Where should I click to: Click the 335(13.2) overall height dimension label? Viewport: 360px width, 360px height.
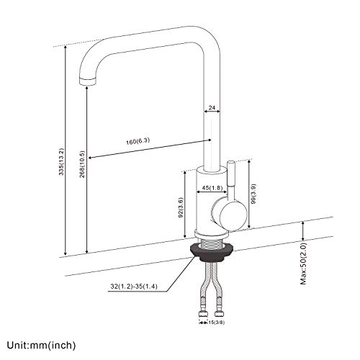click(x=62, y=162)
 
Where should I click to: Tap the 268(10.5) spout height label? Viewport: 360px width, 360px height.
click(x=82, y=164)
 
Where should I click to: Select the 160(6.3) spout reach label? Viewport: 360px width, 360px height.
click(x=138, y=141)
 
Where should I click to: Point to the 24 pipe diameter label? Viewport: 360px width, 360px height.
click(x=212, y=108)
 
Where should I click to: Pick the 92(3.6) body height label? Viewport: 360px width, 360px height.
click(x=181, y=207)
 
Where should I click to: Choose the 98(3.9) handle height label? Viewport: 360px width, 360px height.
click(x=253, y=194)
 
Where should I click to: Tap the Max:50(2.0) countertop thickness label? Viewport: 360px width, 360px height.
click(x=304, y=264)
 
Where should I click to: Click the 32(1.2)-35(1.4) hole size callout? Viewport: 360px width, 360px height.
click(x=134, y=287)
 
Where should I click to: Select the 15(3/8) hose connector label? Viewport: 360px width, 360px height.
click(x=216, y=323)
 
